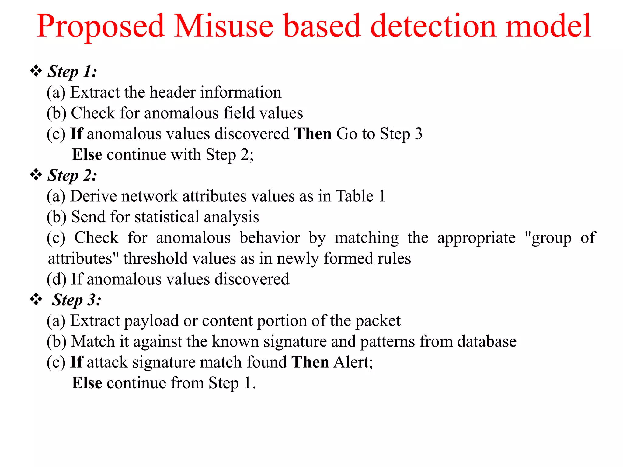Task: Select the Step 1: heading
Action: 72,72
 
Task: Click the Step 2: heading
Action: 72,175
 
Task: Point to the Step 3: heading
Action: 77,300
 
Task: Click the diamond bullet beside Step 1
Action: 36,71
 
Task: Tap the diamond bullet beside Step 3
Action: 36,299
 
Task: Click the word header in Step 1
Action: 172,92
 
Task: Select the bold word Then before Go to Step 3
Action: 313,134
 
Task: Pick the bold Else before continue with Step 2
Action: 87,155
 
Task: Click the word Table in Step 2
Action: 354,196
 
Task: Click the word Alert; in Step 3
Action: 353,362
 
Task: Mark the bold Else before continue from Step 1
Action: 87,383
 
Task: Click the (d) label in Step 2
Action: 56,279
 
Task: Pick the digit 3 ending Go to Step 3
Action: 419,134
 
